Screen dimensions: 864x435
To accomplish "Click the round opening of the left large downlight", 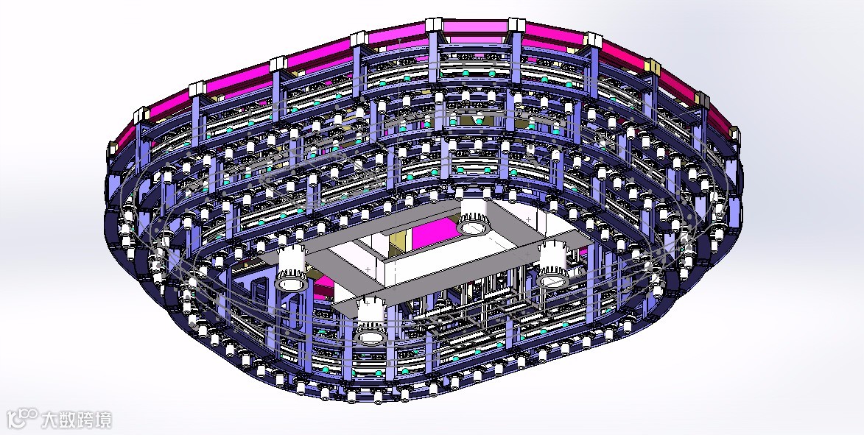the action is coord(292,283).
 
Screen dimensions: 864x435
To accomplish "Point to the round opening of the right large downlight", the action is coord(552,281).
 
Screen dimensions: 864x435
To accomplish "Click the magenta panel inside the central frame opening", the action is coord(436,231).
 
